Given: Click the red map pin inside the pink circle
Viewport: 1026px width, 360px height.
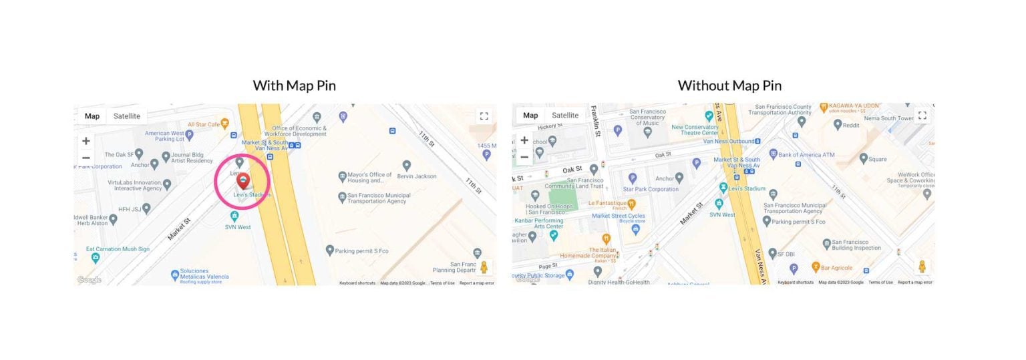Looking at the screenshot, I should (x=243, y=180).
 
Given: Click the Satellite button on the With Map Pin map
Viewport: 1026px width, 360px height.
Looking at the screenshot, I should (x=126, y=116).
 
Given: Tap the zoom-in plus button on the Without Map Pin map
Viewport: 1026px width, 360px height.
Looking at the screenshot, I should (x=524, y=140).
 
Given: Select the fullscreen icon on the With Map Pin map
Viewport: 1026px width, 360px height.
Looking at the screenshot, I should (x=484, y=116).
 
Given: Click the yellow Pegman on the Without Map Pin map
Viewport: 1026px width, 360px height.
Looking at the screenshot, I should (x=922, y=266).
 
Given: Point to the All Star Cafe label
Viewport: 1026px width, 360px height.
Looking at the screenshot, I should (x=204, y=124).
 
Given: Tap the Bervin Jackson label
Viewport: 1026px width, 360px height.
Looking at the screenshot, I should (x=416, y=176).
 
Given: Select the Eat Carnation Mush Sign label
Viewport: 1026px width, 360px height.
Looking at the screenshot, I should (x=118, y=249).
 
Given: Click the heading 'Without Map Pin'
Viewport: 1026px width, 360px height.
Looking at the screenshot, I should (x=729, y=85).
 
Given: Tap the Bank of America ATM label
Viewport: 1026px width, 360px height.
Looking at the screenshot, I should (x=806, y=155).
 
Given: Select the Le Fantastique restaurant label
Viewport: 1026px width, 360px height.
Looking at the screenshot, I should (x=607, y=203).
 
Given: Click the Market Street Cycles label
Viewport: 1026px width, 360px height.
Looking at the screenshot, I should (x=619, y=216).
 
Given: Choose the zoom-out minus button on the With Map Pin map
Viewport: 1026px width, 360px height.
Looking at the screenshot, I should (x=86, y=158).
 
